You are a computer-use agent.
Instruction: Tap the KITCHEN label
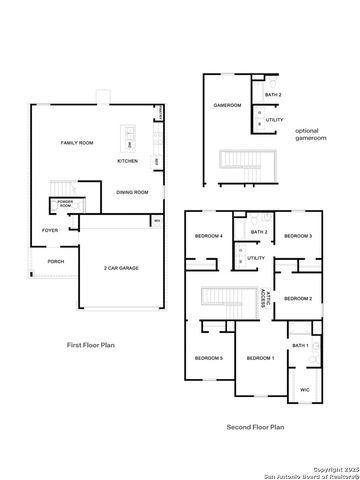[x=128, y=161]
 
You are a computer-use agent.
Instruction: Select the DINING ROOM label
[x=132, y=192]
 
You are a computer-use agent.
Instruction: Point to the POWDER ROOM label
[x=66, y=205]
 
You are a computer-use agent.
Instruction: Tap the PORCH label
[x=56, y=262]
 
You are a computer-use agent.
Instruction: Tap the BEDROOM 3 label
[x=298, y=236]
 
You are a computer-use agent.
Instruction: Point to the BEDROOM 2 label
[x=298, y=299]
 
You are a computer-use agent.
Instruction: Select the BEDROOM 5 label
[x=208, y=357]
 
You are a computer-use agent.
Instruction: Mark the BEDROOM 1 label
[x=260, y=357]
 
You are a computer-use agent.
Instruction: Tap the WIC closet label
[x=305, y=390]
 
